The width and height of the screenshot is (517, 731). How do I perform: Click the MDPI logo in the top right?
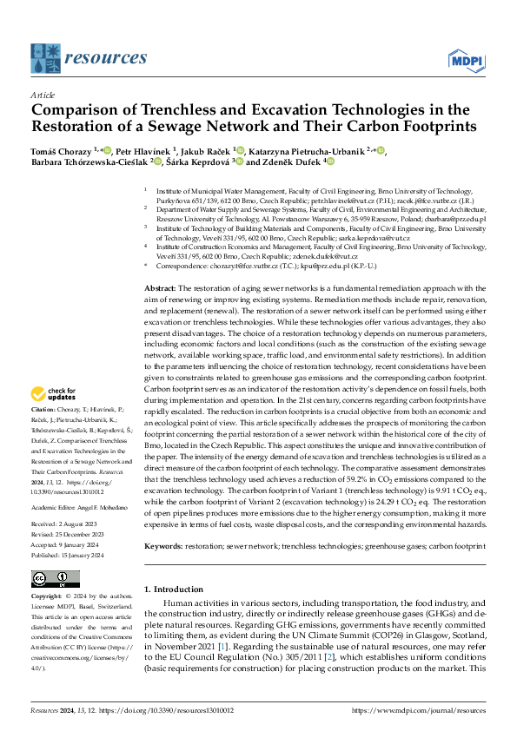[465, 60]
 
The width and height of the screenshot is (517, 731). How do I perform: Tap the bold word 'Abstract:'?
[161, 263]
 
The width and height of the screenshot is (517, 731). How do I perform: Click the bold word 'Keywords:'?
[163, 522]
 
